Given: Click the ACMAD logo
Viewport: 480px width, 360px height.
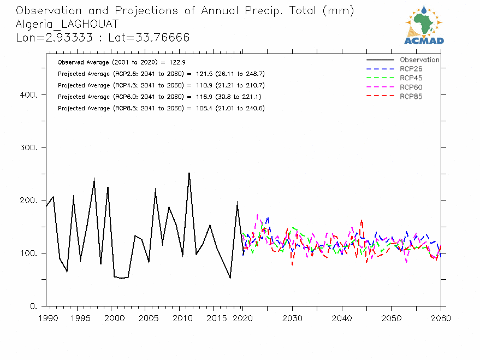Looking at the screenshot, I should click(424, 25).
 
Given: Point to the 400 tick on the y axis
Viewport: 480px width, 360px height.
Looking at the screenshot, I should click(28, 95).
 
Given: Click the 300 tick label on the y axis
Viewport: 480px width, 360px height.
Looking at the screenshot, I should click(28, 148).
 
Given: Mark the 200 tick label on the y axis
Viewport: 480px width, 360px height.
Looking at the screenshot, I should click(28, 200).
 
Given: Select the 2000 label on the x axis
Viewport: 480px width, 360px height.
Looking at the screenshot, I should click(112, 317).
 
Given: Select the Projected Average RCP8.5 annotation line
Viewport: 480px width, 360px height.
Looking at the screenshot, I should click(161, 108).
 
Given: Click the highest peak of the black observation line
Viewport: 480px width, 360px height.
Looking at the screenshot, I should click(189, 173).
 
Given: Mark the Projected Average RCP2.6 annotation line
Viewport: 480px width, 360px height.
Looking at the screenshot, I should click(161, 74).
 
